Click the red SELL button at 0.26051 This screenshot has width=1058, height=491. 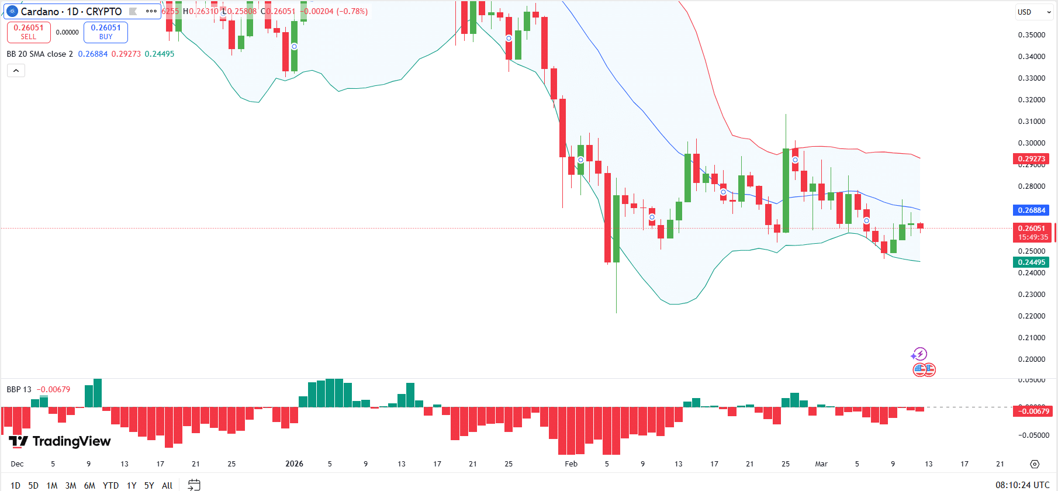point(29,32)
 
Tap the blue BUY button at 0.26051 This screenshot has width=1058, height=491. point(106,32)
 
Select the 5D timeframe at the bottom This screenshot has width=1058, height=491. point(33,485)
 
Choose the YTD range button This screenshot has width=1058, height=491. point(110,485)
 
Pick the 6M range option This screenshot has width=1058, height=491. point(89,485)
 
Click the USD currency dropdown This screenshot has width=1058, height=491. point(1034,12)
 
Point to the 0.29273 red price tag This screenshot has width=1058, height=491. point(1031,159)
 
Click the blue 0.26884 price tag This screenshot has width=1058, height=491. point(1031,210)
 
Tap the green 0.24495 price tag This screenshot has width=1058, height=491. point(1031,262)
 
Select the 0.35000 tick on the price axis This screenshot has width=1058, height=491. point(1031,35)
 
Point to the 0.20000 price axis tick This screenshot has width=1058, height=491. point(1031,359)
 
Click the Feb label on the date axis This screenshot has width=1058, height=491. point(571,464)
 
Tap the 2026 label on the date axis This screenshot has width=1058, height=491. point(294,464)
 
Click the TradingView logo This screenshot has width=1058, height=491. point(60,441)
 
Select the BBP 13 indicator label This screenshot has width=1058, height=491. point(19,389)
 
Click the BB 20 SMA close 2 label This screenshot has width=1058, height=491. point(40,54)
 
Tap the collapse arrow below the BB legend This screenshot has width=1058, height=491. point(16,71)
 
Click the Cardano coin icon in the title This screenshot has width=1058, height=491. point(12,12)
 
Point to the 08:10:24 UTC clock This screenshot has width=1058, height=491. point(1022,485)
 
